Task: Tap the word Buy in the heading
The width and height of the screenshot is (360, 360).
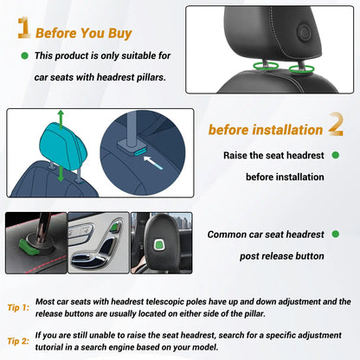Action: click(x=118, y=34)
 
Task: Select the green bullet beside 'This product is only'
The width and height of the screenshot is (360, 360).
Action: click(x=23, y=56)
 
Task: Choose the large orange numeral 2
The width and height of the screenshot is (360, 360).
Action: click(x=334, y=126)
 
